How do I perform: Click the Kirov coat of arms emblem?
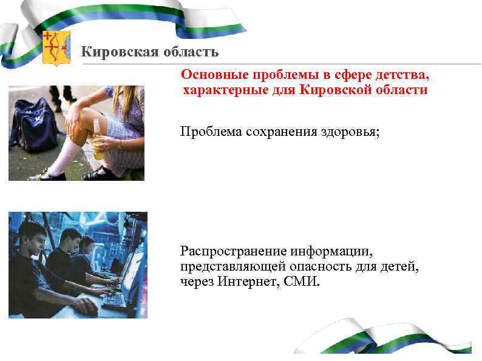click(56, 48)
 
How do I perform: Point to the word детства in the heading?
click(406, 75)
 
